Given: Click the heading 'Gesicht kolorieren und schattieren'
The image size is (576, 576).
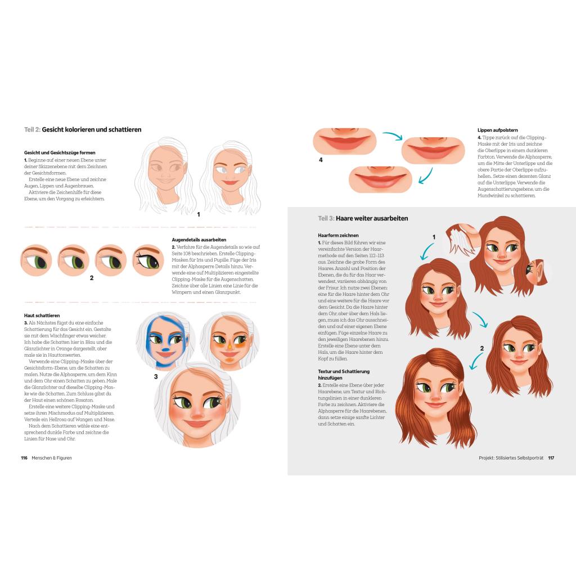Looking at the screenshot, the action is pyautogui.click(x=92, y=130).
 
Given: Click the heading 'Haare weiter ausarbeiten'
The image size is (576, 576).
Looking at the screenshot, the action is pyautogui.click(x=372, y=219).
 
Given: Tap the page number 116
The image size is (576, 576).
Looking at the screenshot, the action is pyautogui.click(x=24, y=458).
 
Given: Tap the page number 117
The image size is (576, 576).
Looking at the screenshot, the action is pyautogui.click(x=551, y=458).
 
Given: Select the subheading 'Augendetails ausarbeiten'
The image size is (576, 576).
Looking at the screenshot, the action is pyautogui.click(x=199, y=240).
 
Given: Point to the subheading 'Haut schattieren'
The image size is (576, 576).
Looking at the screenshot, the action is pyautogui.click(x=42, y=316).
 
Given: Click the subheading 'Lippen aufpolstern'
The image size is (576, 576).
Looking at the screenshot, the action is pyautogui.click(x=498, y=130).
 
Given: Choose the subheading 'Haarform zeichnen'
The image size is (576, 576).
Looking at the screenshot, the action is pyautogui.click(x=338, y=236).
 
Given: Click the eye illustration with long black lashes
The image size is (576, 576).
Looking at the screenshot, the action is pyautogui.click(x=148, y=260).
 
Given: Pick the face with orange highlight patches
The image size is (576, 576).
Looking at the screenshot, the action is pyautogui.click(x=229, y=340).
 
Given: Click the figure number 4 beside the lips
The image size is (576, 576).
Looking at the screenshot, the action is pyautogui.click(x=321, y=160).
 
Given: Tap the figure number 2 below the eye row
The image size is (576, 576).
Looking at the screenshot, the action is pyautogui.click(x=92, y=278).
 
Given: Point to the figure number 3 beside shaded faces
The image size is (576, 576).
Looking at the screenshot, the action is pyautogui.click(x=156, y=376).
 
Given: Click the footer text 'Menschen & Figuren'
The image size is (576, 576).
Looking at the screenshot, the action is pyautogui.click(x=52, y=458).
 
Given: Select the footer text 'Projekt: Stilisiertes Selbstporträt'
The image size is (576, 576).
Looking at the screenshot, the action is pyautogui.click(x=511, y=458).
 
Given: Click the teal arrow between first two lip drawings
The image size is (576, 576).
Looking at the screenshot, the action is pyautogui.click(x=393, y=136).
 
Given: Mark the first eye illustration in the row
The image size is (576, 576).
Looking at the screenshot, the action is pyautogui.click(x=36, y=260).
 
